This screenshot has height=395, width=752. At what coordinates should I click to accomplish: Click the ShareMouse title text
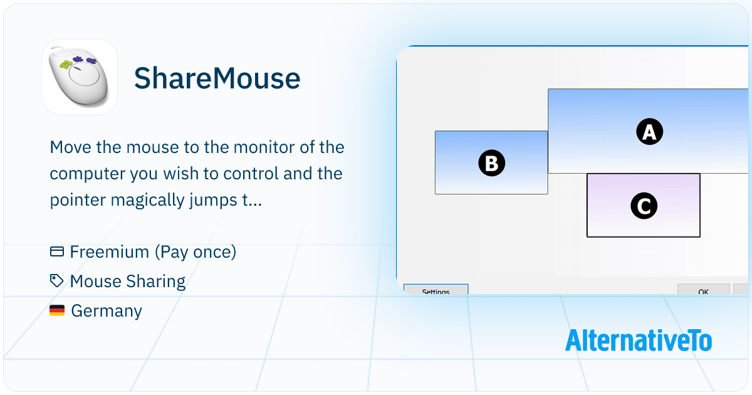tap(217, 78)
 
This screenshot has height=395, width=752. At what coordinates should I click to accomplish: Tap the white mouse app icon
tap(80, 77)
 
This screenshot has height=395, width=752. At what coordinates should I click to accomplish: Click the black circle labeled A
tap(650, 131)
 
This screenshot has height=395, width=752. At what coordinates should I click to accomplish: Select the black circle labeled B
tap(491, 163)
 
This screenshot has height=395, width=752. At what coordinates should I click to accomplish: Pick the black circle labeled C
tap(644, 206)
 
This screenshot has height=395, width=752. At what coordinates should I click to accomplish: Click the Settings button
tap(436, 289)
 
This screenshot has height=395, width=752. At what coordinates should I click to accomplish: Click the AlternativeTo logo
tap(639, 340)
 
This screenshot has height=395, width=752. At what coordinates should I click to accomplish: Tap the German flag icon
tap(57, 310)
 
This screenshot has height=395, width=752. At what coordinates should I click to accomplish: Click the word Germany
tap(107, 311)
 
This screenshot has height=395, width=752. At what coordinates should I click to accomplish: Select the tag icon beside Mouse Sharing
tap(56, 281)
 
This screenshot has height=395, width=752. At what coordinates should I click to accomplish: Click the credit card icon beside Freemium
tap(57, 251)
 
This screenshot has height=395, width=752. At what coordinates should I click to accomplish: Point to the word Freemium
tap(110, 251)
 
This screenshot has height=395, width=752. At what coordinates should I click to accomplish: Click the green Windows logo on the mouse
tap(66, 65)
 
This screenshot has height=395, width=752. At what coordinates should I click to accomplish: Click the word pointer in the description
tap(78, 201)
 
